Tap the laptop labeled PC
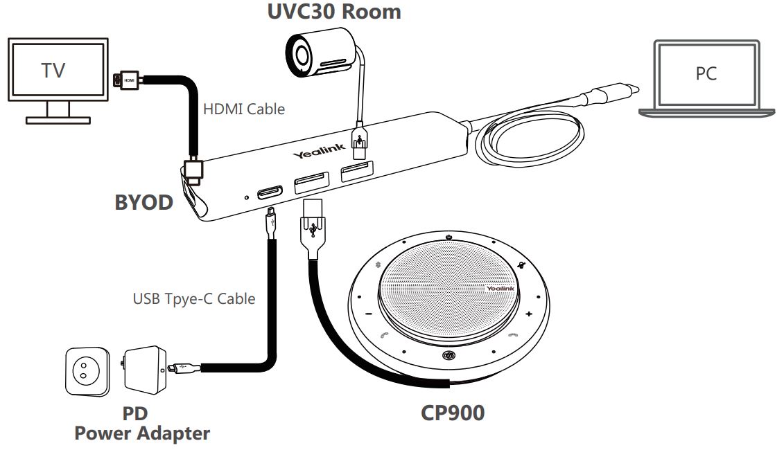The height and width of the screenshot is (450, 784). [x=705, y=73]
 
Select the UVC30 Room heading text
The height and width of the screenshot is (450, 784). [x=333, y=12]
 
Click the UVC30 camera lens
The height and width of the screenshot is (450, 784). [x=302, y=54]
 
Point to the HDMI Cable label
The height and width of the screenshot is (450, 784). [x=244, y=109]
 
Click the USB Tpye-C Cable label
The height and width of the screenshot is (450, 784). [x=193, y=299]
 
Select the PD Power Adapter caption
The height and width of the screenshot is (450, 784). [x=141, y=424]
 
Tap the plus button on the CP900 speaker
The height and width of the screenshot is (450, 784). [x=529, y=314]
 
